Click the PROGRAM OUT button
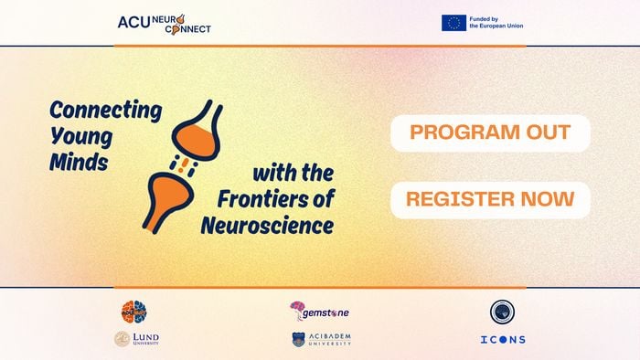490,132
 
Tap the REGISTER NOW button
490,199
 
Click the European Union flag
453,23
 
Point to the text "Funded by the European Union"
496,23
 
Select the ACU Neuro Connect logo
165,23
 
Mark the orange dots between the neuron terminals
187,165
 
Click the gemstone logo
319,312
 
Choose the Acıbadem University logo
321,339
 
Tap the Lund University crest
121,339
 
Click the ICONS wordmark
502,340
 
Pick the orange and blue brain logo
134,312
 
